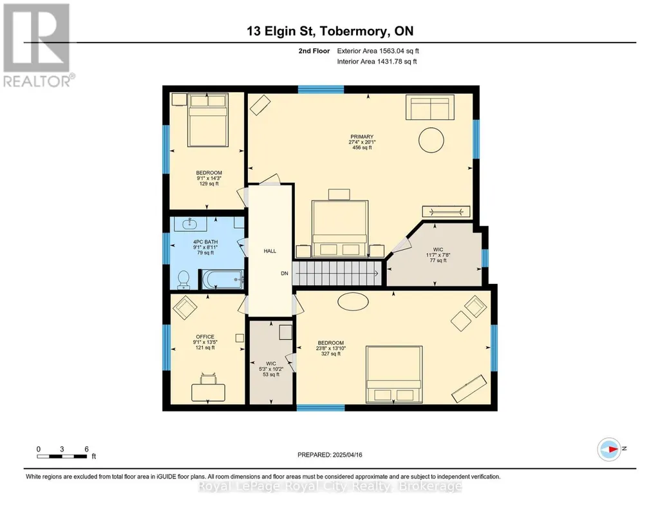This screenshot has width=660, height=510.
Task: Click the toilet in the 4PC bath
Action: pyautogui.click(x=184, y=280)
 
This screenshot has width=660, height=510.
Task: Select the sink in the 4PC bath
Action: pyautogui.click(x=190, y=224)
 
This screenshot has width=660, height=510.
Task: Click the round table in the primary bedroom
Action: pyautogui.click(x=431, y=140)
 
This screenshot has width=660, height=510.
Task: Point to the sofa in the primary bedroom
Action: pyautogui.click(x=429, y=108)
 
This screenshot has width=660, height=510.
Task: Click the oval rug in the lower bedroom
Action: pyautogui.click(x=353, y=301)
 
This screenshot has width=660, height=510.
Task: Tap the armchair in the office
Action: pyautogui.click(x=185, y=308)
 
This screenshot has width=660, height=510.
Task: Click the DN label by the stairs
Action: pyautogui.click(x=285, y=274)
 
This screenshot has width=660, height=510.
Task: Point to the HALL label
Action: pyautogui.click(x=270, y=251)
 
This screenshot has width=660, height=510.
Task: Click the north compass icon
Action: pyautogui.click(x=609, y=449)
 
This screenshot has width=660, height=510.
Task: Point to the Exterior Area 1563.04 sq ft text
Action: pyautogui.click(x=378, y=51)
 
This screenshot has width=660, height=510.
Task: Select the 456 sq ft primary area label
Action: pyautogui.click(x=362, y=147)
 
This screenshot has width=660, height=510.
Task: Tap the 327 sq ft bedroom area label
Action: pyautogui.click(x=331, y=354)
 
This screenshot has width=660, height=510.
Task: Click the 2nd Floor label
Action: pyautogui.click(x=314, y=51)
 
